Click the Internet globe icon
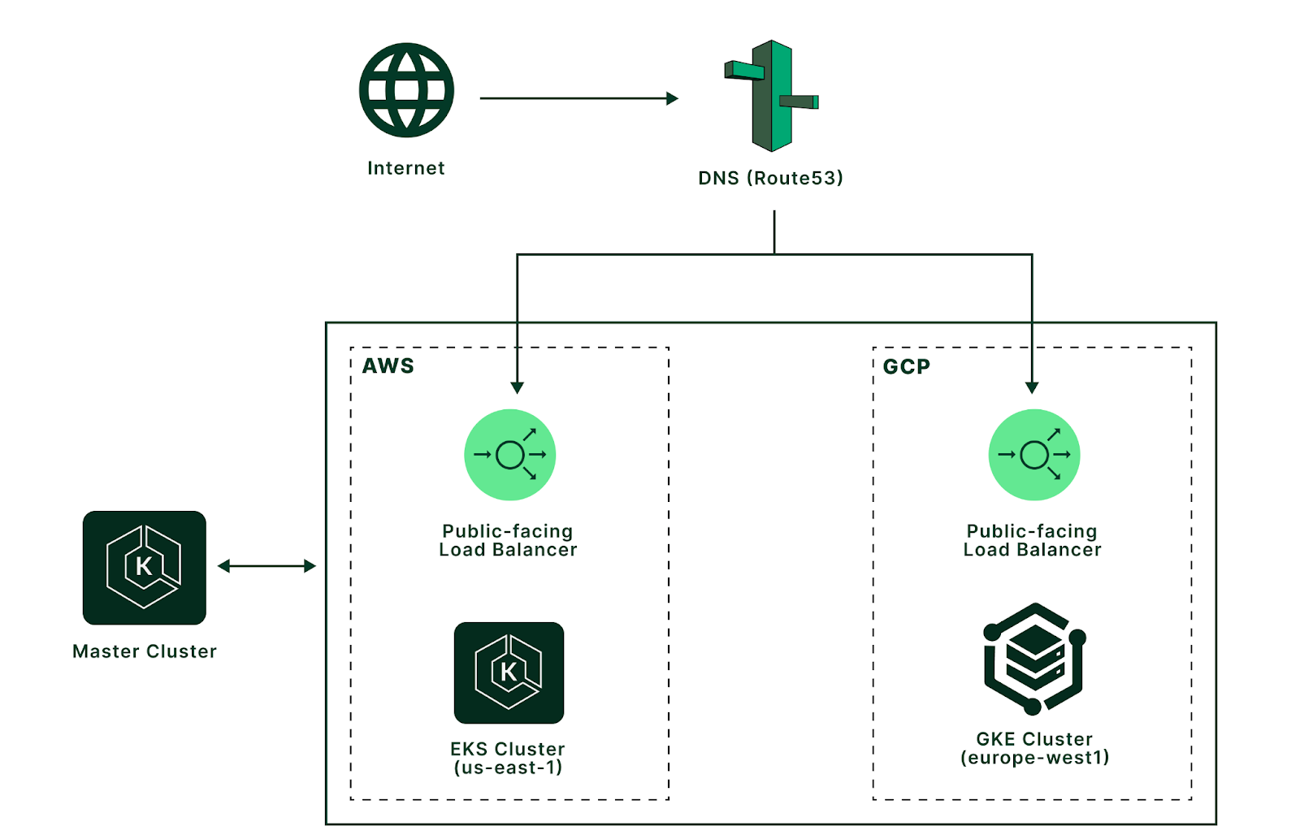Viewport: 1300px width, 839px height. [406, 90]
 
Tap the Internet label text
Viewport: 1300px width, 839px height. [406, 168]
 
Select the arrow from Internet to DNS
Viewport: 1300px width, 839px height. [578, 98]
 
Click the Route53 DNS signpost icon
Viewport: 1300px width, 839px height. [772, 96]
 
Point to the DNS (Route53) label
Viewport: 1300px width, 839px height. [770, 178]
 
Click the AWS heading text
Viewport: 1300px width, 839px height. [388, 366]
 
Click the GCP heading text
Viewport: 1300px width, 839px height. [906, 367]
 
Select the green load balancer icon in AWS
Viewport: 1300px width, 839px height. [510, 455]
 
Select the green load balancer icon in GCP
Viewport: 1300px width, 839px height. [1033, 455]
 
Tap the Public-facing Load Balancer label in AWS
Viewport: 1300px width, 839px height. [508, 540]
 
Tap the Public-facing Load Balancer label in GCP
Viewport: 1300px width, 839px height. [1032, 540]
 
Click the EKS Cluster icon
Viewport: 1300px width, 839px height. [509, 672]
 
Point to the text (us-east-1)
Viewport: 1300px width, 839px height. [508, 768]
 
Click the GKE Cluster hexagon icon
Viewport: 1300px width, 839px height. [1033, 658]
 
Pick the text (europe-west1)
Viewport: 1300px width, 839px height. [1034, 758]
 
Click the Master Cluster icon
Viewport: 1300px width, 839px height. [145, 568]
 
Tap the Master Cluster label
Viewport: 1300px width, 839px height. [145, 651]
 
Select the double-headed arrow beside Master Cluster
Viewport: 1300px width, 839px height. [266, 566]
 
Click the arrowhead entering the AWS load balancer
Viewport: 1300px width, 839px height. [517, 387]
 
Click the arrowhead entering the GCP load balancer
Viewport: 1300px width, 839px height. [1032, 387]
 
